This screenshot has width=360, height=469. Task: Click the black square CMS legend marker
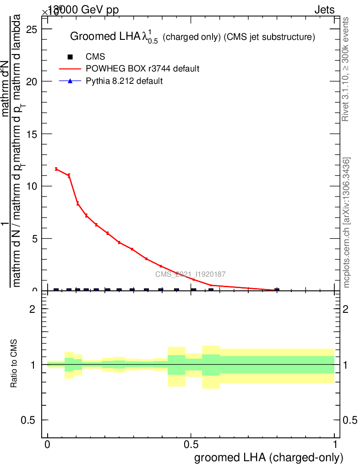(70, 57)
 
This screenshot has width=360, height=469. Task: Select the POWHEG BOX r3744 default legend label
(142, 69)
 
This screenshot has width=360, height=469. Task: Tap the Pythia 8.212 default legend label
(124, 81)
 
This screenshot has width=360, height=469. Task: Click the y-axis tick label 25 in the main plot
(33, 29)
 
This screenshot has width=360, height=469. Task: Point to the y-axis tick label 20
(33, 82)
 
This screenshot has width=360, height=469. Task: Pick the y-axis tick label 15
(33, 134)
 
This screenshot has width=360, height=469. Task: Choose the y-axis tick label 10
(33, 186)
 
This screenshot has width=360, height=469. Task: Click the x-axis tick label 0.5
(191, 445)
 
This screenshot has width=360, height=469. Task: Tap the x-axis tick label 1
(335, 445)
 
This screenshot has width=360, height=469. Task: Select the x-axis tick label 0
(47, 445)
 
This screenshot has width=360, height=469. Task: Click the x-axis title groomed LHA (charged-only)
(269, 458)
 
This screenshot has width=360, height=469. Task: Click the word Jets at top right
(324, 10)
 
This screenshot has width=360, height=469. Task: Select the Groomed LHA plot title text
(192, 37)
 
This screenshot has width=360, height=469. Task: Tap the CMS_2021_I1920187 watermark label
(190, 274)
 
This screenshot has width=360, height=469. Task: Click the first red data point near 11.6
(56, 169)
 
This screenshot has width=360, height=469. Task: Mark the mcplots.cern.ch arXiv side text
(347, 223)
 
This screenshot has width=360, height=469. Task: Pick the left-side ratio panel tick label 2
(32, 309)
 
